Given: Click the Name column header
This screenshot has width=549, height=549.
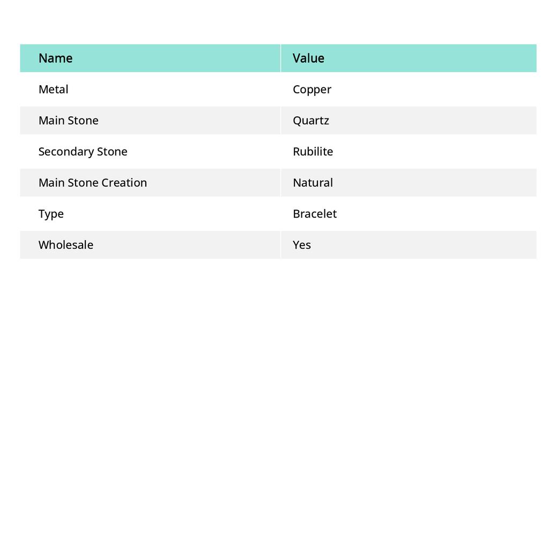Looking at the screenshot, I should [x=56, y=58].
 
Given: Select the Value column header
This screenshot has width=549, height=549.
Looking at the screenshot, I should [x=308, y=58].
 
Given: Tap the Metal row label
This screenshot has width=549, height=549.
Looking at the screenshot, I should [x=54, y=90].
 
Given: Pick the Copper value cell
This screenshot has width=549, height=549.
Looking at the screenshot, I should [x=312, y=90].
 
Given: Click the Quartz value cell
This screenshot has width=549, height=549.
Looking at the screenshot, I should [x=311, y=121].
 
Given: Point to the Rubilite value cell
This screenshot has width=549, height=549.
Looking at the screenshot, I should [x=313, y=152].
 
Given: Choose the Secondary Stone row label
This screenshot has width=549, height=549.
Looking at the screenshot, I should [x=83, y=152].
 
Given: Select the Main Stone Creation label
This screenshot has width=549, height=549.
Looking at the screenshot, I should [x=93, y=183].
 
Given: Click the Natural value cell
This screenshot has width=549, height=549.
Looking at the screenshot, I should [x=313, y=183].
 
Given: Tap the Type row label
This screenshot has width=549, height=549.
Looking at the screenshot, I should [x=51, y=214].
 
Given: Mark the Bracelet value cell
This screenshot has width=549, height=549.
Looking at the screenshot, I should [x=315, y=214].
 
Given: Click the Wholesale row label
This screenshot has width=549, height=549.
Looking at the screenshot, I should [x=66, y=245].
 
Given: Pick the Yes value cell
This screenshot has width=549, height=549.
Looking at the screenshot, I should [x=302, y=245].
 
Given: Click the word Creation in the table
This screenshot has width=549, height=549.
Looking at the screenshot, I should [x=124, y=183].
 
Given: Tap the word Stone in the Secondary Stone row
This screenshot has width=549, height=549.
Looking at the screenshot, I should [x=112, y=152].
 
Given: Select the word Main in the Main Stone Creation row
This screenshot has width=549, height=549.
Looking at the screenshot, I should [x=51, y=183].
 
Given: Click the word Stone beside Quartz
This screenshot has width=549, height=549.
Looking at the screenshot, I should [x=83, y=121].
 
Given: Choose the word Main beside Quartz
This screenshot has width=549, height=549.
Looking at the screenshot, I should [x=51, y=121].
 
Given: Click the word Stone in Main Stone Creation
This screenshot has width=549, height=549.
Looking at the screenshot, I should [x=83, y=183].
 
